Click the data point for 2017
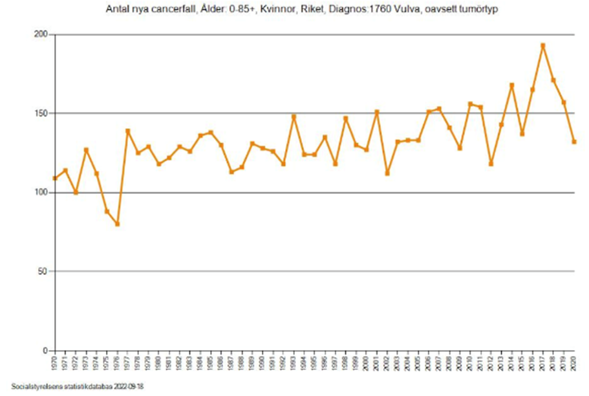(543, 45)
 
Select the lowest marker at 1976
(117, 224)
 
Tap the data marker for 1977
(127, 131)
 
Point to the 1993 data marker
(294, 116)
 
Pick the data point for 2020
(574, 142)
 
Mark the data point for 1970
(55, 178)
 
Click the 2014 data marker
(511, 85)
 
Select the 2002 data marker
(387, 173)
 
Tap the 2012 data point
(491, 164)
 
